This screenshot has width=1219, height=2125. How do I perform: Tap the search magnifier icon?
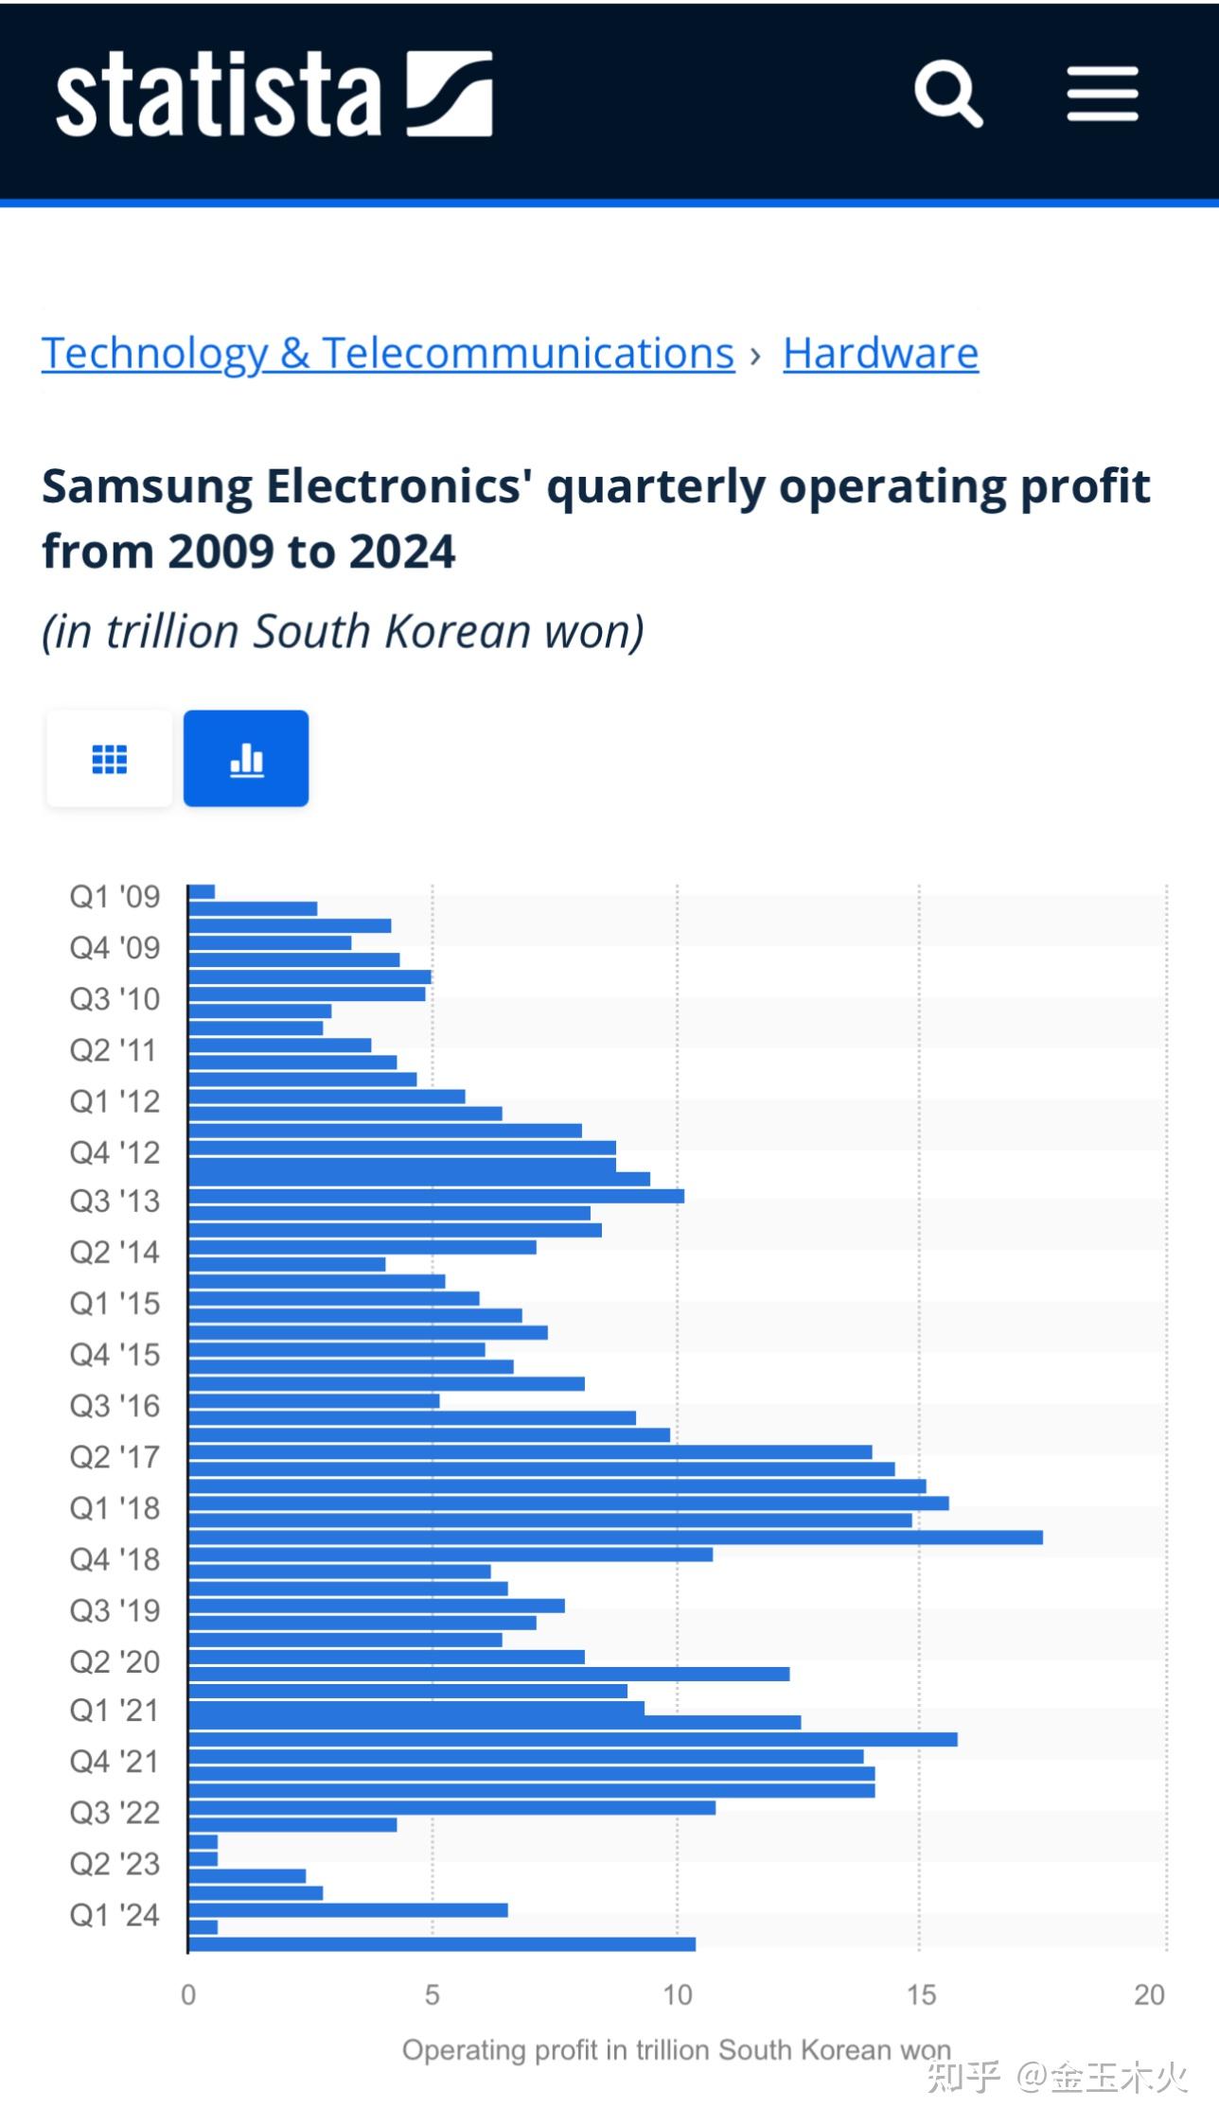947,94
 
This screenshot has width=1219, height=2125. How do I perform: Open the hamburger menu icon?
1102,94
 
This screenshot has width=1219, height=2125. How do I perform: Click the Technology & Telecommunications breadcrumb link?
388,354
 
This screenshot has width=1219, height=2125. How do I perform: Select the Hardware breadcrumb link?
880,354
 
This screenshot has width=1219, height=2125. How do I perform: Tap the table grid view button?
110,759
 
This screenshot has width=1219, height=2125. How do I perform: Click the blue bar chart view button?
246,759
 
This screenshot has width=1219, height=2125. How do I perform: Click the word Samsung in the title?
146,486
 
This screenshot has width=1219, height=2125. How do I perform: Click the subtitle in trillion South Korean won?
343,631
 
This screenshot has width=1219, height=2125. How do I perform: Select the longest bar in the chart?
615,1537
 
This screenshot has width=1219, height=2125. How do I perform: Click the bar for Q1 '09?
202,891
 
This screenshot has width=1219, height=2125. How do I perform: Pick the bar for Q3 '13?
435,1196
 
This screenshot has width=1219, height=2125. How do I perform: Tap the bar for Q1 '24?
347,1910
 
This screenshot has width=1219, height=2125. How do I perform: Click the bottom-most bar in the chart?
441,1944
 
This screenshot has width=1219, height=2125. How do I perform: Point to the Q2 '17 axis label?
115,1457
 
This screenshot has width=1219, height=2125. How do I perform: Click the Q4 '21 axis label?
115,1762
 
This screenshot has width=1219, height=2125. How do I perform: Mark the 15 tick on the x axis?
921,1995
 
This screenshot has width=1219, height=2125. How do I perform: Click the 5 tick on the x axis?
433,1995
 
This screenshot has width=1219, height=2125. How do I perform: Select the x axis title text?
676,2050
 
